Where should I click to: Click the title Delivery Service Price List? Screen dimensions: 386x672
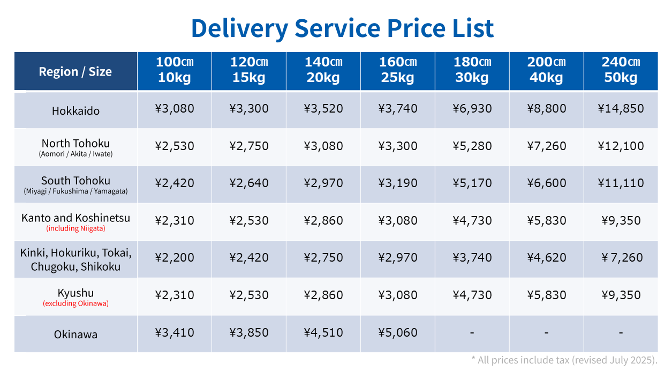coord(342,28)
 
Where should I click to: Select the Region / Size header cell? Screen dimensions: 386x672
coord(75,71)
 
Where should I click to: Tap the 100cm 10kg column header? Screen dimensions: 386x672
coord(175,70)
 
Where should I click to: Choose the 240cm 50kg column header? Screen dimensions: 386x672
coord(621,70)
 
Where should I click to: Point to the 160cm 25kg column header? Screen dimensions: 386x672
coord(397,70)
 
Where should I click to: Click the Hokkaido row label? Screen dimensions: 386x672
coord(75,111)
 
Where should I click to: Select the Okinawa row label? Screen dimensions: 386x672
coord(75,335)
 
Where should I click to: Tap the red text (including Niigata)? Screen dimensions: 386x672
coord(75,228)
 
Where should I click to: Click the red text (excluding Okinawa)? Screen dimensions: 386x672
coord(75,303)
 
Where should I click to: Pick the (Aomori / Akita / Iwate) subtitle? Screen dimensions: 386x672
coord(75,154)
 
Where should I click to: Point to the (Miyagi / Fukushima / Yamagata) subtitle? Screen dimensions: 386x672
coord(75,191)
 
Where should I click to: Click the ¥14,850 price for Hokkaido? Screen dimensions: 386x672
coord(621,109)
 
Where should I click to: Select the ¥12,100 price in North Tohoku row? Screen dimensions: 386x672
coord(621,146)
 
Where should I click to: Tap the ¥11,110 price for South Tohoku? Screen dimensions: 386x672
coord(621,183)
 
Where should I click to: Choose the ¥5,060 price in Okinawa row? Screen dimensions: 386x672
coord(397,332)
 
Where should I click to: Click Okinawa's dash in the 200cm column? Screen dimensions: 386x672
coord(546,333)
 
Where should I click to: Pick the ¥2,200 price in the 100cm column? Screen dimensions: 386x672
coord(175,257)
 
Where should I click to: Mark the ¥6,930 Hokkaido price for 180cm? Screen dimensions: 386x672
coord(472,109)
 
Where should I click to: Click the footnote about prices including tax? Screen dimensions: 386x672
coord(564,360)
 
